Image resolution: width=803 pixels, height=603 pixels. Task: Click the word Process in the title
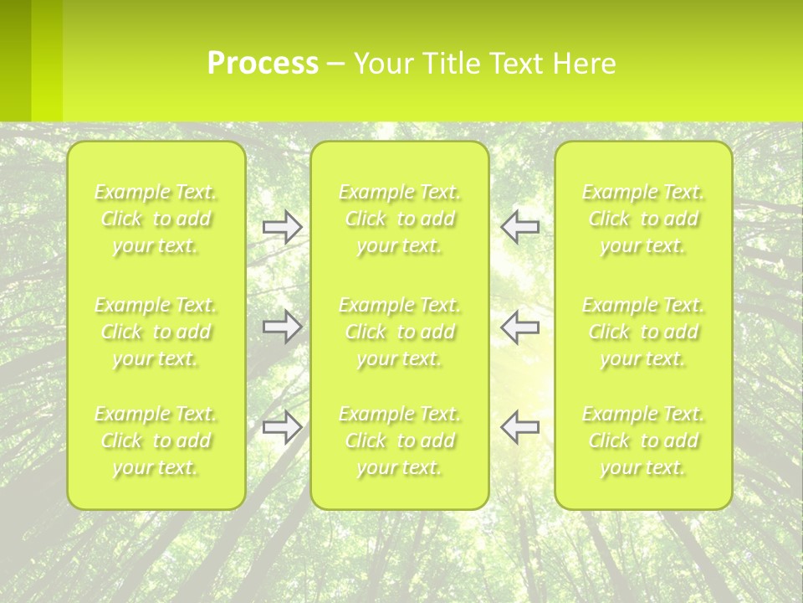pos(263,64)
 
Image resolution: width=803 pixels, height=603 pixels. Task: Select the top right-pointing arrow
pos(283,227)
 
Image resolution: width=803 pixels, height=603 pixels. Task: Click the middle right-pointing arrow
pos(283,327)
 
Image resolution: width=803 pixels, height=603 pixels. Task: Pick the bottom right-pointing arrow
pos(283,427)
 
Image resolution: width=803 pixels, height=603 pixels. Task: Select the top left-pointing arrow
pos(519,226)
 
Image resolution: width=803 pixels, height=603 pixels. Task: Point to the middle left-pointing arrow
pos(519,327)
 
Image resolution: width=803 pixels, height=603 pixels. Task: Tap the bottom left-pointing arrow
pos(519,427)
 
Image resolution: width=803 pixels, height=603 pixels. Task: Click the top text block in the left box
pos(156,219)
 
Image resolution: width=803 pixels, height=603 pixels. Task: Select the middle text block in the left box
pos(156,332)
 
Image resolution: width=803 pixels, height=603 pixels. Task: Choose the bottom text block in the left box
pos(156,441)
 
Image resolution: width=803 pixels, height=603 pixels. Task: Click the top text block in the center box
pos(400,219)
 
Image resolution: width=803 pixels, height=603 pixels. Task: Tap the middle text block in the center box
pos(400,332)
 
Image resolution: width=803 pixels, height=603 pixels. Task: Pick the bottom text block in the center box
pos(400,441)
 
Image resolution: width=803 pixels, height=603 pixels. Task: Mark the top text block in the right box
pos(643,219)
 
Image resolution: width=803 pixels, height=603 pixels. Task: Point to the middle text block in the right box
pos(643,332)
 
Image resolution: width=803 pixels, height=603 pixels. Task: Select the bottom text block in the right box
pos(643,441)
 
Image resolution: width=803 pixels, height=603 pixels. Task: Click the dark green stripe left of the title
pos(15,60)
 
